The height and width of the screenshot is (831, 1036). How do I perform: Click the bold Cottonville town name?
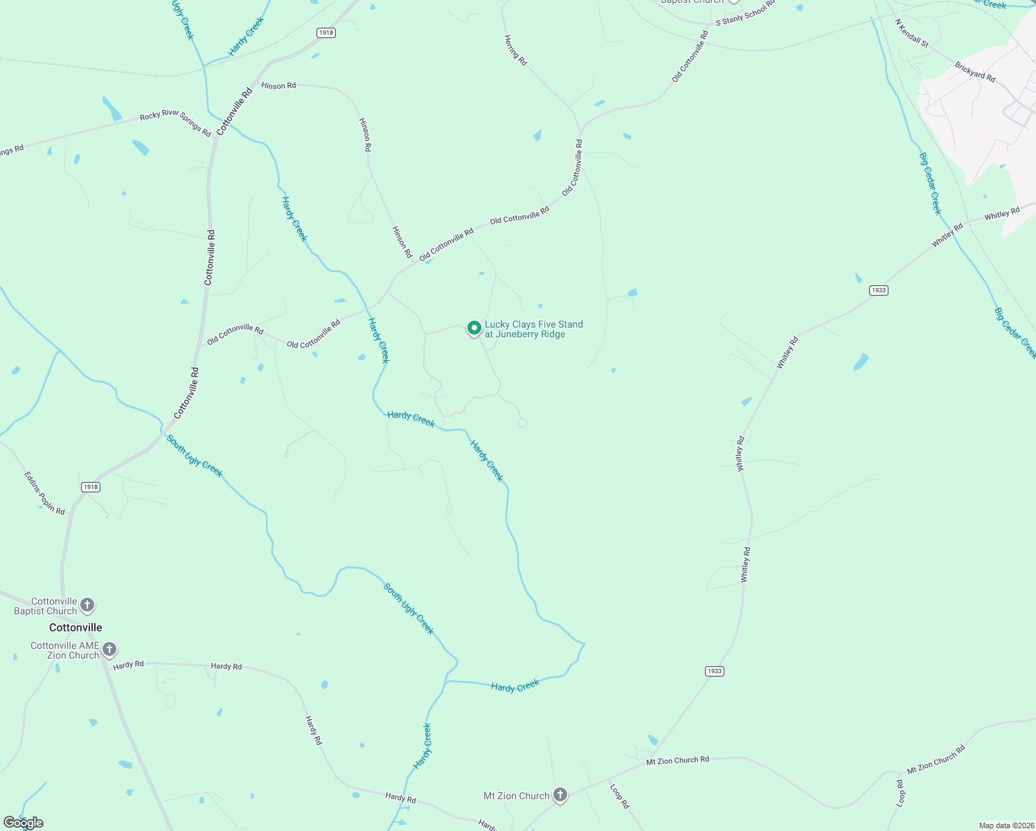click(x=75, y=627)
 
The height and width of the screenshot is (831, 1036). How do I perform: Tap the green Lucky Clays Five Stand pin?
click(x=474, y=328)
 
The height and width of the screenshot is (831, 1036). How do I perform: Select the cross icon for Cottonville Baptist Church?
click(x=87, y=605)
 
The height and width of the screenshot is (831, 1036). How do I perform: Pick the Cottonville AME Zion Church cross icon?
click(x=109, y=650)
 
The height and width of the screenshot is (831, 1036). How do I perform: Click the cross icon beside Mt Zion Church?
click(x=560, y=795)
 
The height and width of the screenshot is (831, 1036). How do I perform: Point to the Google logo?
click(x=24, y=823)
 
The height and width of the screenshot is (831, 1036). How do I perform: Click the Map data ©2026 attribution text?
click(x=1006, y=825)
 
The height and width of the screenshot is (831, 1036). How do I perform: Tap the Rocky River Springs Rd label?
click(x=175, y=124)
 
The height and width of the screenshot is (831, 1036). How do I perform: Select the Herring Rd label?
click(x=516, y=51)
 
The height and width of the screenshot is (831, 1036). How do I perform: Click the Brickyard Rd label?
click(x=975, y=72)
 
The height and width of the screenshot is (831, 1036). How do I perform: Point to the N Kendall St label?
click(x=911, y=32)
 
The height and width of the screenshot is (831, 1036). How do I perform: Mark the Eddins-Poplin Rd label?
click(x=45, y=492)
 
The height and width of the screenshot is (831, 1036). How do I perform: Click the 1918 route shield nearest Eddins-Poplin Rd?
click(x=91, y=487)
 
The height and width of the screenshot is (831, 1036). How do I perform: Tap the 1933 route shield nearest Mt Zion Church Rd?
click(x=715, y=671)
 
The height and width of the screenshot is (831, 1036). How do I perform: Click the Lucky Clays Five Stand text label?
click(x=533, y=329)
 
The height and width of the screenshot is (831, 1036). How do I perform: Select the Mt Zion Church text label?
click(x=516, y=796)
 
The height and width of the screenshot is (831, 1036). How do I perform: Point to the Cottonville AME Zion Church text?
click(x=65, y=650)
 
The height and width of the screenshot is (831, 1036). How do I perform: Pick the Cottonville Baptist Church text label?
click(x=46, y=606)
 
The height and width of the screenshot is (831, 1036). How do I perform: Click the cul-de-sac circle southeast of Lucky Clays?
click(x=523, y=422)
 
